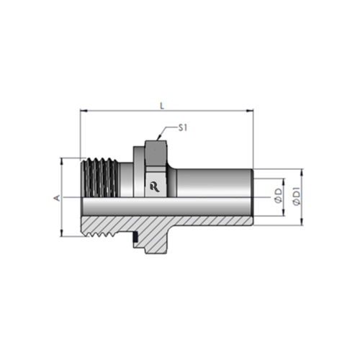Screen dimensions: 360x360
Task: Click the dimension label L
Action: (x=162, y=106)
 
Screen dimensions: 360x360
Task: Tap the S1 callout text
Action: (x=183, y=128)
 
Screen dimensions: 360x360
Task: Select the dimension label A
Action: (x=58, y=198)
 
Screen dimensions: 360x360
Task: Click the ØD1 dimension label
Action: (x=297, y=197)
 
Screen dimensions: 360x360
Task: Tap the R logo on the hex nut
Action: (x=155, y=187)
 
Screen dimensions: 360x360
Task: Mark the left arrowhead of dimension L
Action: (x=83, y=111)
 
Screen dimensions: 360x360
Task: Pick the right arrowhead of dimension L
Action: (x=250, y=111)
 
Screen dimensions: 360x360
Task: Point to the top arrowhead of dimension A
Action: (x=62, y=161)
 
